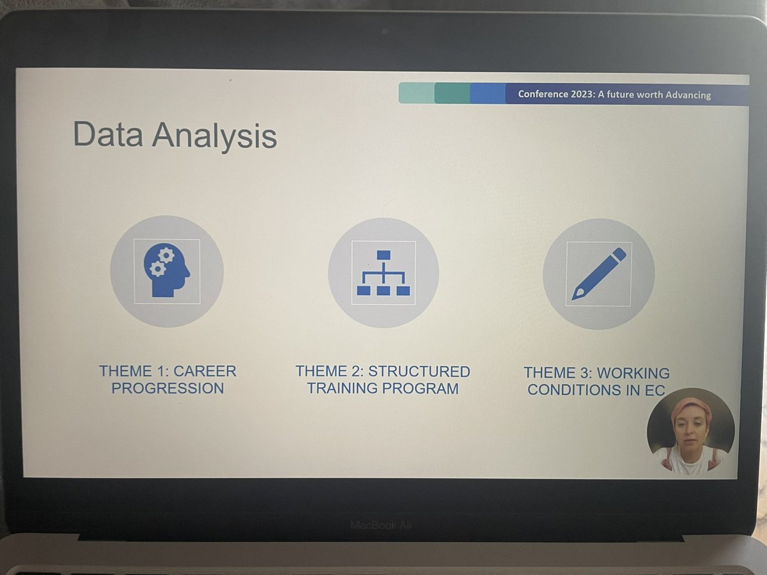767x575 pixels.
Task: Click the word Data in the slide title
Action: coord(108,135)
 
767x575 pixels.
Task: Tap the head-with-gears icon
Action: coord(167,271)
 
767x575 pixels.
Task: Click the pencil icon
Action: coord(599,273)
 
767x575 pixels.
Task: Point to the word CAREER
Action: coord(205,371)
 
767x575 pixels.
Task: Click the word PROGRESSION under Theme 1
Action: coord(167,388)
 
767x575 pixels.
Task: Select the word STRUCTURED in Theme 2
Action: coord(419,371)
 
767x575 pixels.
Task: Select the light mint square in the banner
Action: coord(416,93)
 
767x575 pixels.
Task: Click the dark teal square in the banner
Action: coord(452,93)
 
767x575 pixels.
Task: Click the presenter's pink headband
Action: coord(691,406)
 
